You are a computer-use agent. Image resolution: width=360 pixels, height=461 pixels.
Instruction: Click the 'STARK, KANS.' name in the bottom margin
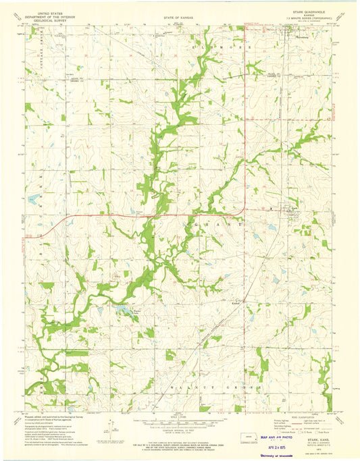click(x=311, y=420)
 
